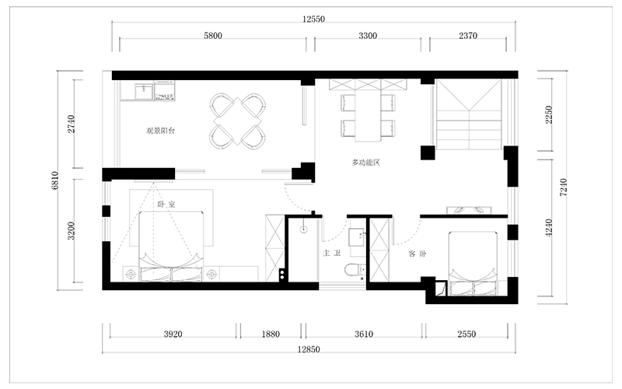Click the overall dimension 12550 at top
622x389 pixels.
[x=313, y=19]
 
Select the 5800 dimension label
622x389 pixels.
[x=213, y=36]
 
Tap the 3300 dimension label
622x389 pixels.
[x=368, y=36]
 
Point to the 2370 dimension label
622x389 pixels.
[x=468, y=36]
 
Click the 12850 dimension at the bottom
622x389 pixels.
[x=309, y=349]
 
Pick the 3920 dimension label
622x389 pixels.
[x=173, y=334]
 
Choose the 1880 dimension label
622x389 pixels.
[x=271, y=334]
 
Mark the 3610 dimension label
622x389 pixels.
[x=364, y=334]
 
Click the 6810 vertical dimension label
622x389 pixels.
[x=55, y=180]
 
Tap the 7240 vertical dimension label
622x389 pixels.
[x=563, y=187]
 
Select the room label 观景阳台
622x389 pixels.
[x=160, y=131]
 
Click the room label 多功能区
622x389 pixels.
[x=365, y=163]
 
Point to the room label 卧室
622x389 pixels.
[x=166, y=205]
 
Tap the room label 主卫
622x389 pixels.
[x=332, y=253]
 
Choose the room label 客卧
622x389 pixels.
[x=417, y=254]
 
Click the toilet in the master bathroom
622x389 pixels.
[x=355, y=271]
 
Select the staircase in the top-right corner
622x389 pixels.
[x=469, y=114]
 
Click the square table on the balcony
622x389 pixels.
[x=238, y=121]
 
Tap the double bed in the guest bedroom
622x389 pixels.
[x=473, y=264]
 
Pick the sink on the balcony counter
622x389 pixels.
[x=143, y=93]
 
